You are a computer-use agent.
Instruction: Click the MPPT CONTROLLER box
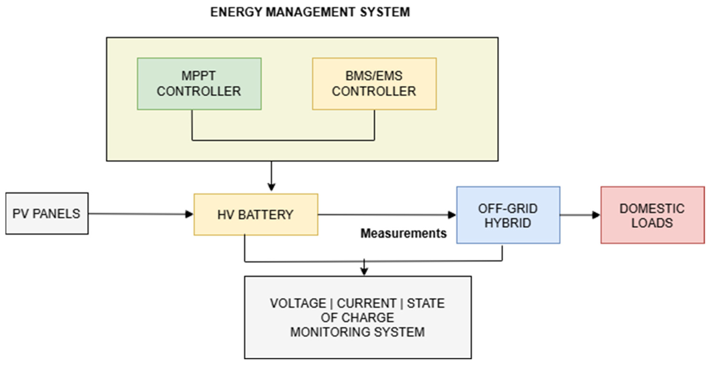tap(199, 84)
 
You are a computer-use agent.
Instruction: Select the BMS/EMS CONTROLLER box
tap(374, 84)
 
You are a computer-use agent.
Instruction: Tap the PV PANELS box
tap(47, 214)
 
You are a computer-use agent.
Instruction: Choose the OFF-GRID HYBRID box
tap(508, 215)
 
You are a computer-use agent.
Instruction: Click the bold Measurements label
tap(403, 233)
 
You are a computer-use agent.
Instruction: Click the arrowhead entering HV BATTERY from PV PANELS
tap(189, 214)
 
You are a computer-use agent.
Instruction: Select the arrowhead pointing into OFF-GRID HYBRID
tap(452, 215)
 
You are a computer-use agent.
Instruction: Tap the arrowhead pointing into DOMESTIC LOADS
tap(596, 215)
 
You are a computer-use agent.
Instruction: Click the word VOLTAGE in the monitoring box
tap(298, 303)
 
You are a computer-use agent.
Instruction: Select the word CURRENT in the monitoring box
tap(366, 303)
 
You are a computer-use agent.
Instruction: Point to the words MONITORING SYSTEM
tap(357, 332)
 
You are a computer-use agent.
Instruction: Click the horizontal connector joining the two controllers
tap(283, 140)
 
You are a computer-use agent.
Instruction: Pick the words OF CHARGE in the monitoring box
tap(357, 318)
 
